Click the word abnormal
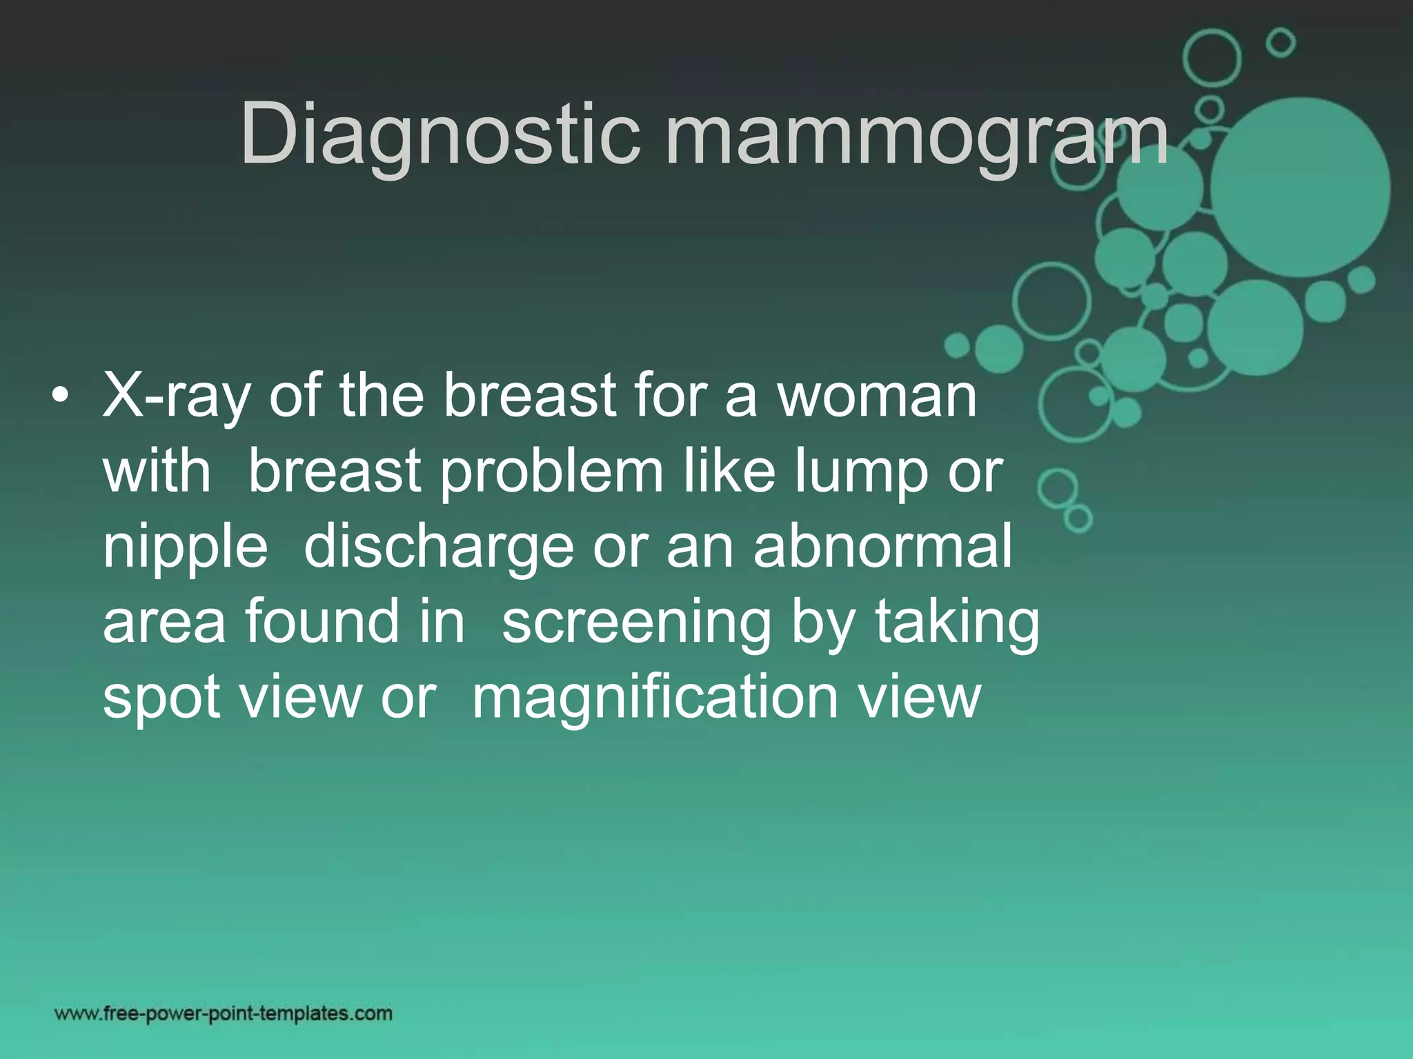click(x=882, y=546)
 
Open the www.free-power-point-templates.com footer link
click(x=224, y=1013)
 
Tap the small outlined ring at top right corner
click(x=1281, y=43)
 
